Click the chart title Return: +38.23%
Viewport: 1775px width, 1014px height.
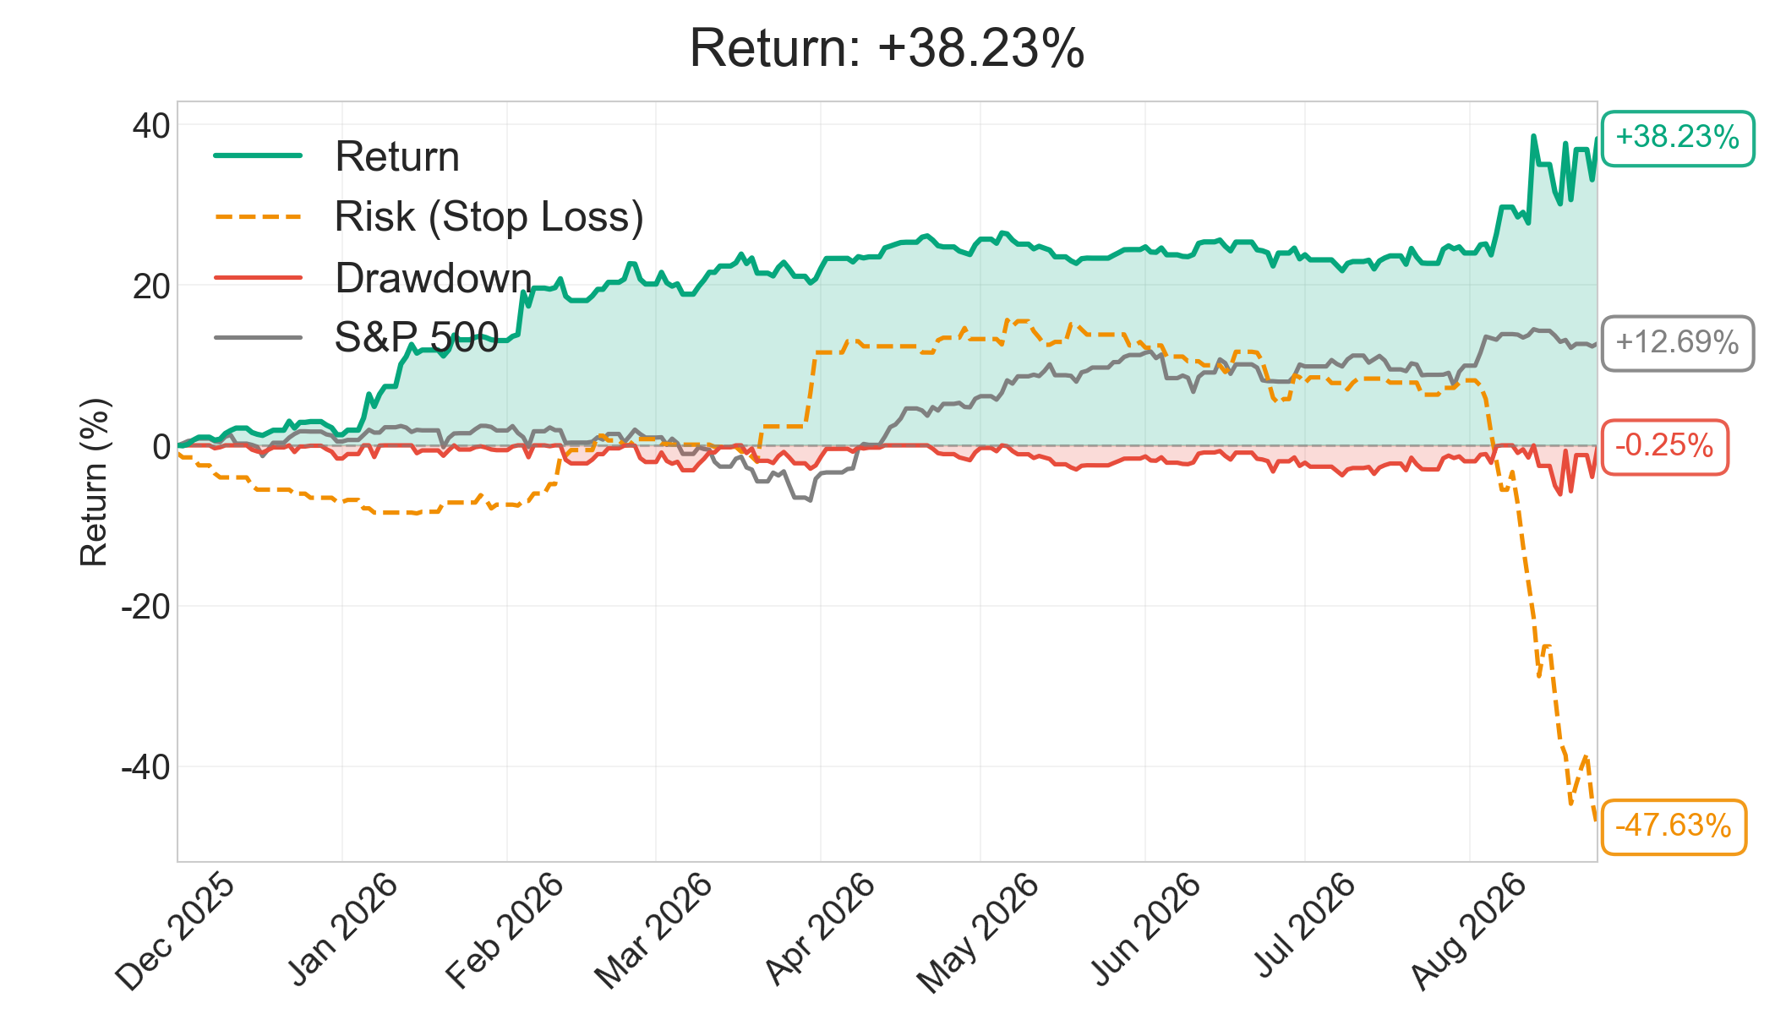[887, 48]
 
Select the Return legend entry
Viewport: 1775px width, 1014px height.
[337, 156]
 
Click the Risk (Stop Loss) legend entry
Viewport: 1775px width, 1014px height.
[429, 216]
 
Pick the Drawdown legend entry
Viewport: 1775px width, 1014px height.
[373, 278]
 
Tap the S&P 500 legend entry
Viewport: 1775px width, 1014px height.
[357, 338]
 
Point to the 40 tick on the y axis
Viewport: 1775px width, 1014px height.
[150, 126]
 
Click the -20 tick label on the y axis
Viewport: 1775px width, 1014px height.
[145, 607]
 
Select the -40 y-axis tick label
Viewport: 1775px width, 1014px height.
[145, 767]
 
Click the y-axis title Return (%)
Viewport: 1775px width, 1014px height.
[94, 482]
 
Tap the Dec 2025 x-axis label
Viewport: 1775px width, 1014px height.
[176, 931]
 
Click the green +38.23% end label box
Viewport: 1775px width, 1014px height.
[1678, 138]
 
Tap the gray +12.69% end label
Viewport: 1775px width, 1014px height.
[1678, 343]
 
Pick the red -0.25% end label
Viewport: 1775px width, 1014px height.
[1665, 446]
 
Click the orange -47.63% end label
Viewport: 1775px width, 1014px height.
[1674, 826]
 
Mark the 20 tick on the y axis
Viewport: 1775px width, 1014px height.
[150, 286]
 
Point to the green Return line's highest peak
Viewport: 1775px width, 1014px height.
[1533, 135]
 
